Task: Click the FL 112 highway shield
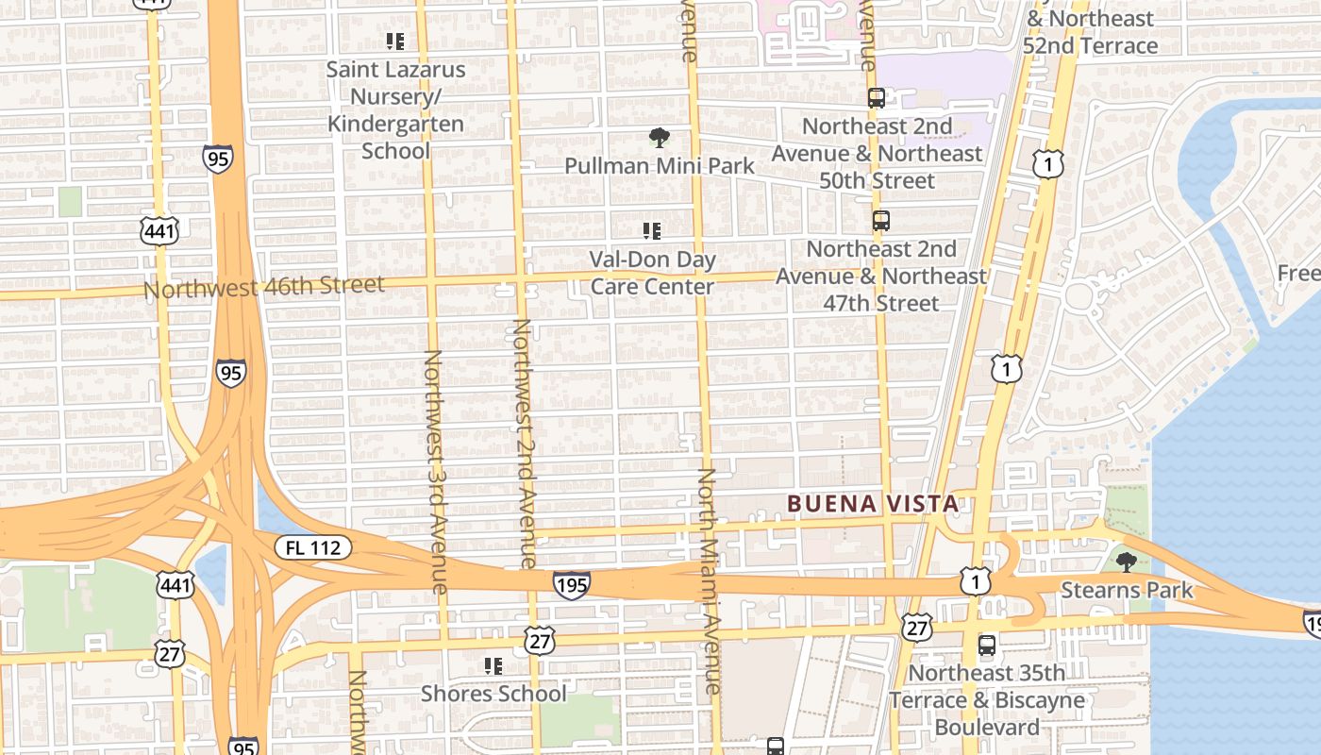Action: click(x=313, y=547)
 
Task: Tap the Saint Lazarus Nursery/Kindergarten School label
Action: click(x=396, y=109)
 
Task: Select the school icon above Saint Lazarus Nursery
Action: click(x=395, y=42)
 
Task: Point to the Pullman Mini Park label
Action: click(x=660, y=166)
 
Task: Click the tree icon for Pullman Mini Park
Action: click(x=660, y=139)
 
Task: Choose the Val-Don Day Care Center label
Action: click(x=653, y=273)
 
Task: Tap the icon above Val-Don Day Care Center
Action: click(x=651, y=231)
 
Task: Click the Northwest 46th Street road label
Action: click(x=264, y=287)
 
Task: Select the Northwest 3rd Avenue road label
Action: click(x=435, y=472)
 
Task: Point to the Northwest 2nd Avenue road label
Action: click(x=526, y=444)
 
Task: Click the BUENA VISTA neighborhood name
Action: click(x=873, y=504)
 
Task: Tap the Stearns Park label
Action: click(x=1127, y=591)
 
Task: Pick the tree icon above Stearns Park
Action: click(x=1125, y=562)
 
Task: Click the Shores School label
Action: click(x=493, y=694)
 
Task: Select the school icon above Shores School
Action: click(x=493, y=666)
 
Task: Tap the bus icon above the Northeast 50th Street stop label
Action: click(x=877, y=98)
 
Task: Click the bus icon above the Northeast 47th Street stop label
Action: click(x=880, y=221)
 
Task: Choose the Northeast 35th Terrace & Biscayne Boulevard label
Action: click(x=987, y=700)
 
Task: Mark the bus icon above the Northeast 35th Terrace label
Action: click(x=986, y=646)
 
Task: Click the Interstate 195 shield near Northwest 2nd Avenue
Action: click(x=572, y=585)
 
